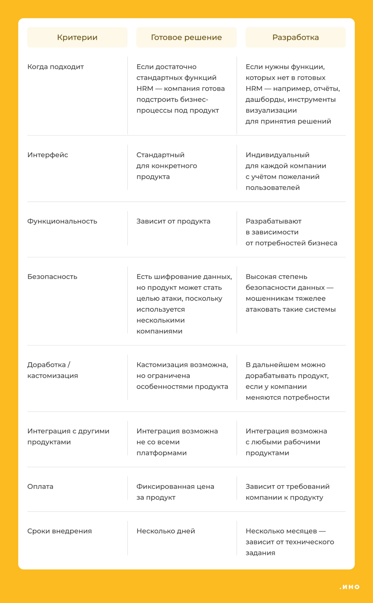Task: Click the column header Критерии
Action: (x=77, y=37)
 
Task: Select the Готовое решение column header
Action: (x=186, y=37)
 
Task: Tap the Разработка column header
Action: (x=295, y=37)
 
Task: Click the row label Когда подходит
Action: (x=56, y=67)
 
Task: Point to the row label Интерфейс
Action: (x=48, y=155)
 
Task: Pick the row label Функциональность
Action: (x=62, y=221)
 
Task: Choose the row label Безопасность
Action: (x=52, y=277)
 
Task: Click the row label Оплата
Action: (x=40, y=486)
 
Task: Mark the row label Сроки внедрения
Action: (x=60, y=531)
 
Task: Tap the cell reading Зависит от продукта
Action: (x=173, y=221)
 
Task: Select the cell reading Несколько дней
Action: (x=166, y=531)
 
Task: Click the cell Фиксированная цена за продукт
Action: (x=175, y=492)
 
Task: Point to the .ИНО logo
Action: (x=350, y=587)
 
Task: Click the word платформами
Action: (x=161, y=453)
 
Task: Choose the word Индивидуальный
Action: (x=277, y=155)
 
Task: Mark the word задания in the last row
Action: (x=260, y=553)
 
